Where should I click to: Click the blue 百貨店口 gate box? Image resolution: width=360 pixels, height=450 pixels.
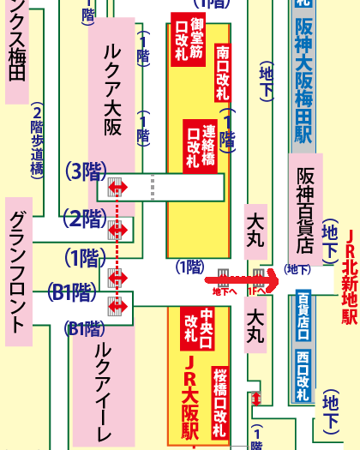pyautogui.click(x=303, y=315)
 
